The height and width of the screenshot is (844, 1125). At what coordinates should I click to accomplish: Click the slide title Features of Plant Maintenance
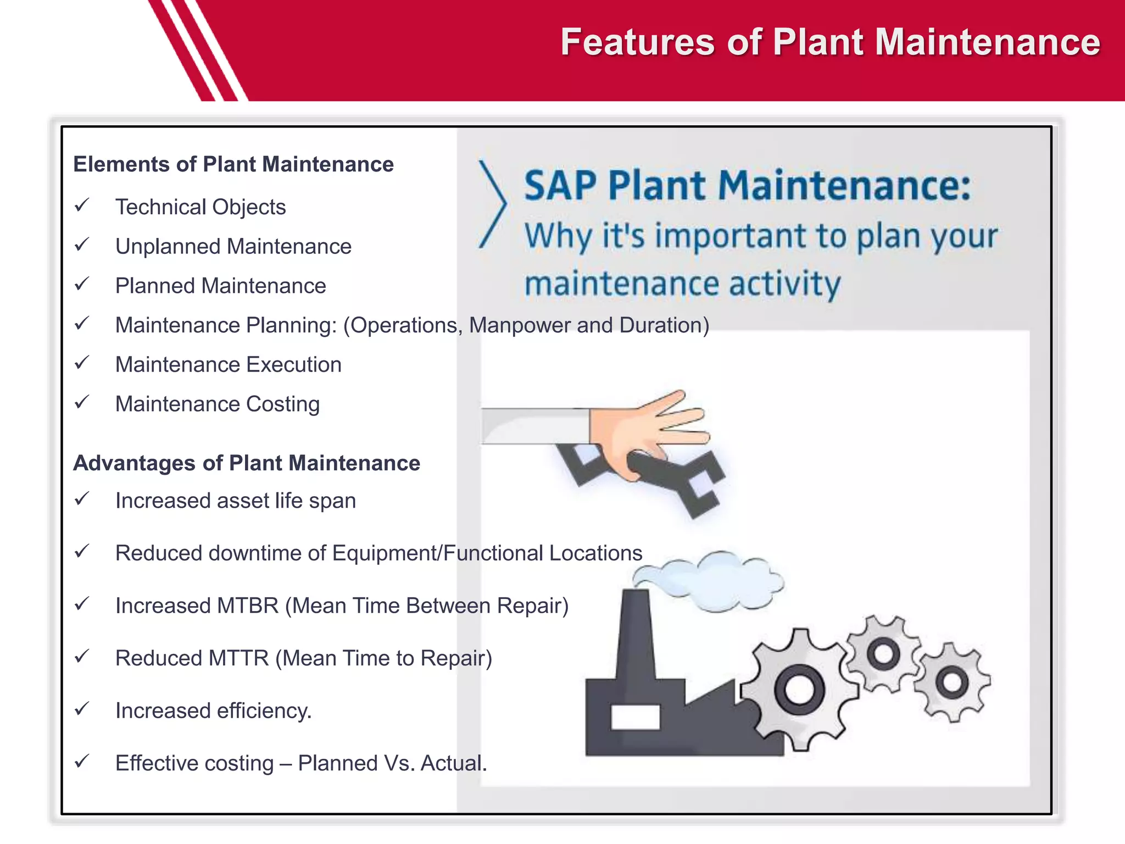[x=830, y=42]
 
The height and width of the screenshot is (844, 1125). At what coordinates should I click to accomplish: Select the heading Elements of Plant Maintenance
[x=233, y=164]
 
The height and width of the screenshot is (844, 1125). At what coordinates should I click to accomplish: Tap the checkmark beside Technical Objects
[x=82, y=206]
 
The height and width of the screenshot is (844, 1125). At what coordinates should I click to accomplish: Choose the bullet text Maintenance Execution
[x=228, y=365]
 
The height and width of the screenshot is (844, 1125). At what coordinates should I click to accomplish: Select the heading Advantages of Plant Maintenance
[x=247, y=463]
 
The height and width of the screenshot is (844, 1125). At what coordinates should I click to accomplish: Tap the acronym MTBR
[x=248, y=606]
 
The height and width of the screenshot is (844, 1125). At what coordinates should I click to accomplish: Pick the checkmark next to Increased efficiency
[x=82, y=709]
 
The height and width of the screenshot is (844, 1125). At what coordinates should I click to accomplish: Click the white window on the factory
[x=635, y=717]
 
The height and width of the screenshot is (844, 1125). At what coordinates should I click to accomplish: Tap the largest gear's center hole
[x=799, y=690]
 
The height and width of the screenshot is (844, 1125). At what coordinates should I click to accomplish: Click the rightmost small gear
[x=952, y=682]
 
